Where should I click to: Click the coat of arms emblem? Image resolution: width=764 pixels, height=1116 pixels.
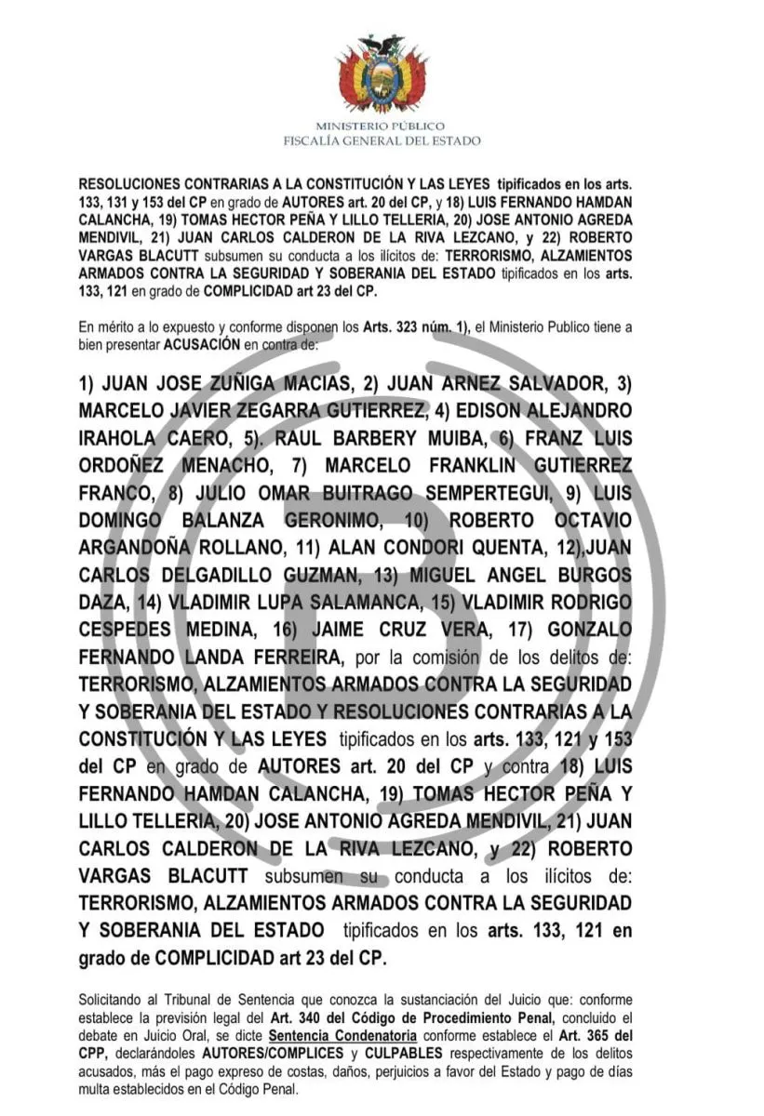382,75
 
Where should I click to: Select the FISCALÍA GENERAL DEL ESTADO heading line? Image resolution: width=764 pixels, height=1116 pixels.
382,140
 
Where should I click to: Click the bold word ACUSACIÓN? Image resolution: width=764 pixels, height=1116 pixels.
202,342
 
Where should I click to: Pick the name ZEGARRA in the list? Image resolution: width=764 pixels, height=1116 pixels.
277,410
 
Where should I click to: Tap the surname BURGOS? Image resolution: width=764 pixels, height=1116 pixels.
586,574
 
